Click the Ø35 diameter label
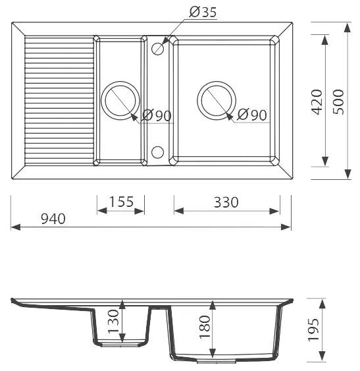(x=203, y=12)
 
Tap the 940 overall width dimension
(x=53, y=219)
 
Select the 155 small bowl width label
(x=121, y=202)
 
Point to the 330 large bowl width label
(x=226, y=202)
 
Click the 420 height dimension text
(x=317, y=102)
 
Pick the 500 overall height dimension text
(x=338, y=102)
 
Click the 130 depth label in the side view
(x=113, y=322)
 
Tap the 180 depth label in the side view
(x=205, y=327)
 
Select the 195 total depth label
(x=313, y=330)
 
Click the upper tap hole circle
(x=157, y=49)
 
